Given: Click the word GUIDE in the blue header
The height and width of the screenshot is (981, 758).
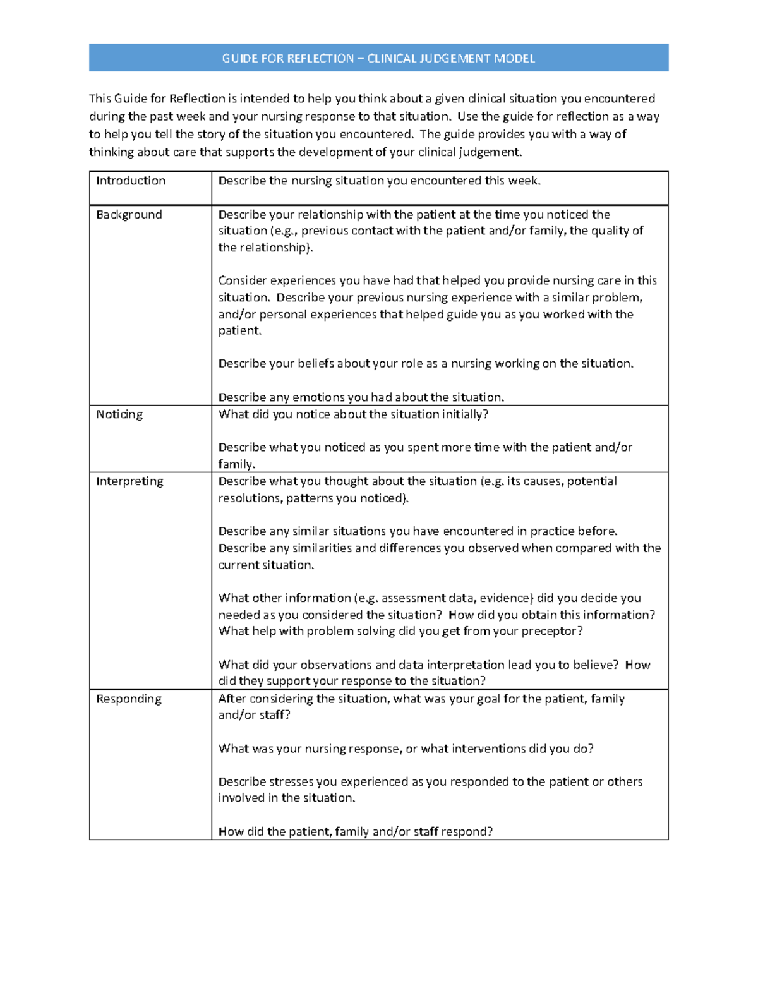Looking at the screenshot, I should click(x=239, y=59).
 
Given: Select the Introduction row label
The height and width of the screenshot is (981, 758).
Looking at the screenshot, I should click(x=131, y=181).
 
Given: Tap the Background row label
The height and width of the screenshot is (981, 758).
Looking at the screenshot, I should click(x=129, y=215).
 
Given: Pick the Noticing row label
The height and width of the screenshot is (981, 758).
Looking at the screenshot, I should click(x=119, y=414).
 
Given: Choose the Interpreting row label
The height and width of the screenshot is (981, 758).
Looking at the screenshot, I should click(x=129, y=481).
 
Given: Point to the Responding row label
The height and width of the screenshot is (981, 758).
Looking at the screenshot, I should click(x=129, y=699).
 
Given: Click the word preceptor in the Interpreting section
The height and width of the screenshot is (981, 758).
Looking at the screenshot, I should click(x=552, y=631).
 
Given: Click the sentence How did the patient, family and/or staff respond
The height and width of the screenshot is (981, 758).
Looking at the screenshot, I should click(x=355, y=832).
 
